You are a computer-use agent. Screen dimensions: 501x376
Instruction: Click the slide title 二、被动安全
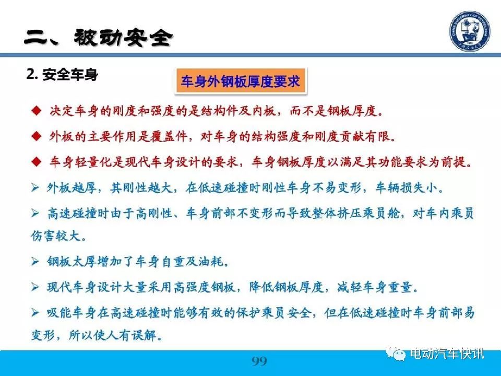click(x=99, y=37)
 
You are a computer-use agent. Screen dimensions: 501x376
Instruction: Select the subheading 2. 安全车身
click(x=62, y=75)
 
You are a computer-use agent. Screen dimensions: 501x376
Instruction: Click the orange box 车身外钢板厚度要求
click(x=240, y=81)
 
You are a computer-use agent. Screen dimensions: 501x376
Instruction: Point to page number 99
click(x=259, y=361)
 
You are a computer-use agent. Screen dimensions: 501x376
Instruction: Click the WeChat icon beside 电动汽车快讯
click(x=396, y=354)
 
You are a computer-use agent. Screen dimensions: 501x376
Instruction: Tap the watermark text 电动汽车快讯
click(x=447, y=354)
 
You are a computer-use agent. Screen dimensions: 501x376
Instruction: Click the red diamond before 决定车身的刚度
click(x=37, y=111)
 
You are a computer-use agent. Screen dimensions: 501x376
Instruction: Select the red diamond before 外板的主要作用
click(x=37, y=136)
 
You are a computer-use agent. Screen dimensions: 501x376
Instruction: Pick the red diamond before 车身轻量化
click(x=37, y=162)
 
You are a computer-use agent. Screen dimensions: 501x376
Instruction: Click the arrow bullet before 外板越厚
click(x=35, y=187)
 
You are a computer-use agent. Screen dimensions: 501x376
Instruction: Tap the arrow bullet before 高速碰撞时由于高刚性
click(x=35, y=213)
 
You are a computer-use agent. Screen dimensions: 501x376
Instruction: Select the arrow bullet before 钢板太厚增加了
click(x=35, y=262)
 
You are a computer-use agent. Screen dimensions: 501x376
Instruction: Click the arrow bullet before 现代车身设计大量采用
click(x=35, y=287)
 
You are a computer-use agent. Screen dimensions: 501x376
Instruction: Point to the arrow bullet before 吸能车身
click(x=35, y=312)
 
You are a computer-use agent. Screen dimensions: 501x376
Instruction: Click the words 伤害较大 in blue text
click(x=55, y=236)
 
